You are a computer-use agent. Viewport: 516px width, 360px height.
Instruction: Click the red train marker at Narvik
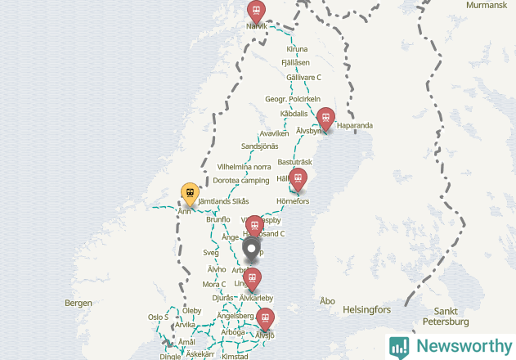coord(257,11)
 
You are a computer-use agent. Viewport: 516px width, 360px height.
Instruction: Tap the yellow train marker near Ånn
coord(190,195)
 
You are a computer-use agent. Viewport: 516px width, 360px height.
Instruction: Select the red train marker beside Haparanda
coord(325,118)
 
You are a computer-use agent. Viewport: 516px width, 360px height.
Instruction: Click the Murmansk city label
coord(487,5)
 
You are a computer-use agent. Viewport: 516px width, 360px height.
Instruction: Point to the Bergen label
coord(79,303)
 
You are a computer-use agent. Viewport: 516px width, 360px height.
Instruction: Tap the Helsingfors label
coord(368,310)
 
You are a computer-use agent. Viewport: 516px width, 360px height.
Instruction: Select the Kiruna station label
coord(297,50)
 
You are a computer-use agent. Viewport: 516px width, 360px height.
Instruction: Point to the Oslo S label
coord(158,317)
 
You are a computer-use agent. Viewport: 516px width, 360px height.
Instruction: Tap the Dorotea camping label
coord(241,180)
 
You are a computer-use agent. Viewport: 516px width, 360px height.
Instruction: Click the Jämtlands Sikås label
coord(223,201)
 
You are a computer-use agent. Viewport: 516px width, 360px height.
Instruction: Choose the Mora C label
coord(213,285)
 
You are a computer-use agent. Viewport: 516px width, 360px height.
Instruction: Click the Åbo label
coord(328,301)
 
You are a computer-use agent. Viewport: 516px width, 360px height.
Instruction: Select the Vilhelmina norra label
coord(245,167)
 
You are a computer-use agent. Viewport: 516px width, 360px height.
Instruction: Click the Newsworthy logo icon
coord(399,346)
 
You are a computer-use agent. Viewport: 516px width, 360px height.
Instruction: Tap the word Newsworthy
coord(464,346)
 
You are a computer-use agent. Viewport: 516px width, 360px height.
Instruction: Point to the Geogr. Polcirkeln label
coord(292,99)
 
